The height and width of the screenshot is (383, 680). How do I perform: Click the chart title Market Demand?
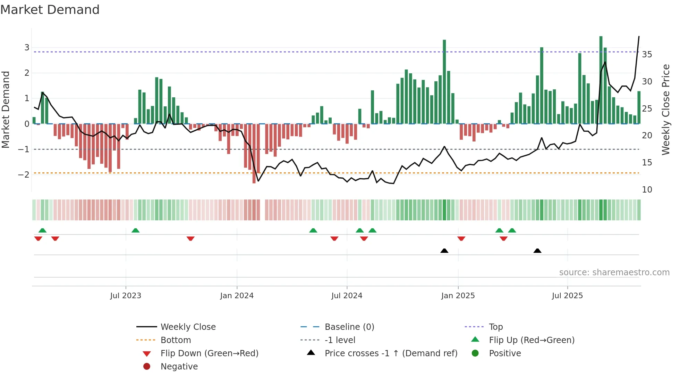50,10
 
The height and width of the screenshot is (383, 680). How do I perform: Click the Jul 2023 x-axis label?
126,296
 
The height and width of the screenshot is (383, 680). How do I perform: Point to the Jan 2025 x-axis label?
458,296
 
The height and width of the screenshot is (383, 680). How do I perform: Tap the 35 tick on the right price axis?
647,55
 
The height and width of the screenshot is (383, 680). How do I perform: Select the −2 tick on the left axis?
24,174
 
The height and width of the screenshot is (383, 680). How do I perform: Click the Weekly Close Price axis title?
665,109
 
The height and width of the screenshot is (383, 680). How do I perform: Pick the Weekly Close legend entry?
188,327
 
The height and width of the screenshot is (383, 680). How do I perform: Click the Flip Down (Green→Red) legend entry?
209,353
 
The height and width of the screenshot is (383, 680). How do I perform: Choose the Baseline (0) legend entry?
349,327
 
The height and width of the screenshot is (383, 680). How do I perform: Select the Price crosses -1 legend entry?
391,353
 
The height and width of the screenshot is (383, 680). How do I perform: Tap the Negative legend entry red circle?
147,367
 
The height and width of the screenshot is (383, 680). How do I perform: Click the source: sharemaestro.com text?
614,272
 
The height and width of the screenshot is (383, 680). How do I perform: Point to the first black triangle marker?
444,251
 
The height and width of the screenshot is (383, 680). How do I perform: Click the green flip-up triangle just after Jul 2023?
136,230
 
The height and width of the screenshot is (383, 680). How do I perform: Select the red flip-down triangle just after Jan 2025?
461,239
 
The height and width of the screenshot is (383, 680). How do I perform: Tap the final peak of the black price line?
639,37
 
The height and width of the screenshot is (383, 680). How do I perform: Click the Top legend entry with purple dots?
495,327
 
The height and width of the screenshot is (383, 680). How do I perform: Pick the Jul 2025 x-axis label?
567,296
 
